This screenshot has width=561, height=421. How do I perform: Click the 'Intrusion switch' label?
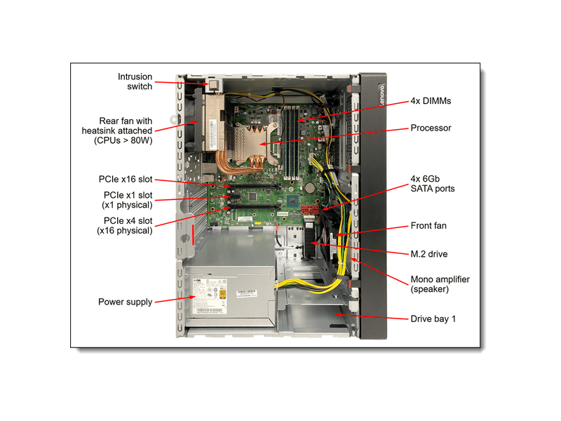point(135,81)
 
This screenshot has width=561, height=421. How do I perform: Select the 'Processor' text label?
point(431,128)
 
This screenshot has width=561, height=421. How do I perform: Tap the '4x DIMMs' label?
point(431,101)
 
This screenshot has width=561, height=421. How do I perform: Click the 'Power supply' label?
point(125,302)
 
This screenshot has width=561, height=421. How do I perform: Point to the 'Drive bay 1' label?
point(433,319)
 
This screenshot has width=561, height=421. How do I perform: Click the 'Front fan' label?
point(428,226)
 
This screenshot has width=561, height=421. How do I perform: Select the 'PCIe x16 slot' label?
point(127,180)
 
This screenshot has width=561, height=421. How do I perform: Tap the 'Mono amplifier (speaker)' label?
point(440,284)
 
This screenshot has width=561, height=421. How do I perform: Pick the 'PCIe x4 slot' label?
point(127,225)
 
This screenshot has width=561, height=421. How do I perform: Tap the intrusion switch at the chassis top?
point(212,85)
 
